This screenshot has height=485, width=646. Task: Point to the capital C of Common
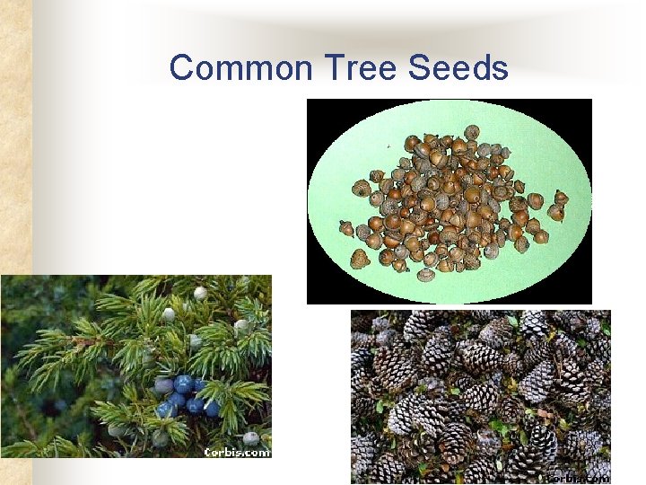pos(181,68)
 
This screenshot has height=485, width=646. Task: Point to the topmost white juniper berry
pos(201,293)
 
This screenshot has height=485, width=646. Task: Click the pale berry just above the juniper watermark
pos(251,437)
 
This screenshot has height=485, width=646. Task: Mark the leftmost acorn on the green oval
pos(346,228)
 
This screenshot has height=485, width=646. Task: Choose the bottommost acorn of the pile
pos(426,274)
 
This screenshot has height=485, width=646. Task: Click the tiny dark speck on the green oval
pos(388,145)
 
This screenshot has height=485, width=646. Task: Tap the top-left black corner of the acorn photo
pos(314,106)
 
